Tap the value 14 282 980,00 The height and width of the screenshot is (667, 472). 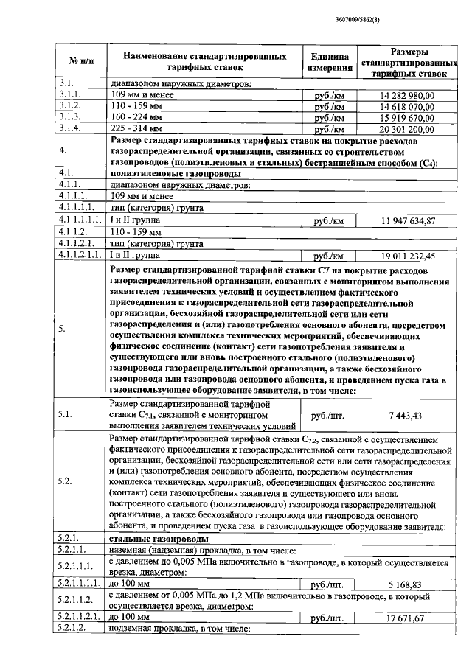408,95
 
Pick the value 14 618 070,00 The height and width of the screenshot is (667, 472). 408,106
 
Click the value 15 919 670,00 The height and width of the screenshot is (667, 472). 408,117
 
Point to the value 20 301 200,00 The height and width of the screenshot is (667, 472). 408,129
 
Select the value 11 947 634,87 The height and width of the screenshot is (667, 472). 408,220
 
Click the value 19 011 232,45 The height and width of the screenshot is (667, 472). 408,256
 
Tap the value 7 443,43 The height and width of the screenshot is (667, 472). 407,416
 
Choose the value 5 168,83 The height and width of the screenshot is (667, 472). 407,584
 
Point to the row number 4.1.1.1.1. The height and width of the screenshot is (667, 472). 77,220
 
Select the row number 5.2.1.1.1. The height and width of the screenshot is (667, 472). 79,584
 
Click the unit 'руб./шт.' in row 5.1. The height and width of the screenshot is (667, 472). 328,416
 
